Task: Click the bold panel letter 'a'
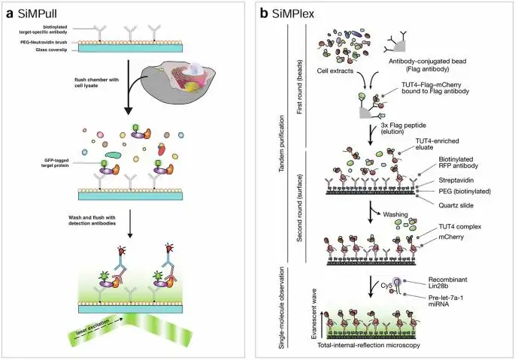click(11, 13)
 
